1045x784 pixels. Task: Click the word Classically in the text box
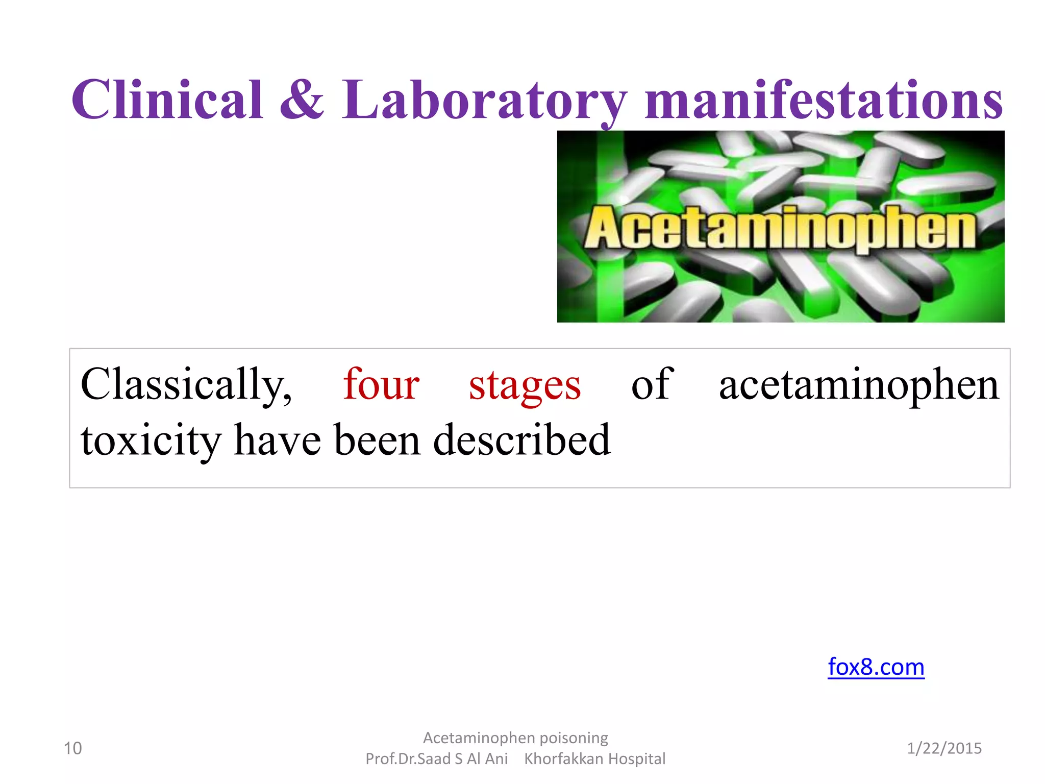[x=186, y=385]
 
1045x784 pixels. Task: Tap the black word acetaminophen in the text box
[x=859, y=385]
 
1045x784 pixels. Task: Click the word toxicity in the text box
[x=151, y=441]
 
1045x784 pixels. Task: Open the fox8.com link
[x=876, y=667]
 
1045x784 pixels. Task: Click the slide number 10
[x=72, y=748]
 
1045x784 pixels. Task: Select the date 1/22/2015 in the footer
[x=944, y=748]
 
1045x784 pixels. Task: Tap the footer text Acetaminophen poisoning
[x=515, y=738]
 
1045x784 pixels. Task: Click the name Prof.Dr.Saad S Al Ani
[x=437, y=759]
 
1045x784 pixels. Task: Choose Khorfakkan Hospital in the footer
[x=594, y=759]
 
